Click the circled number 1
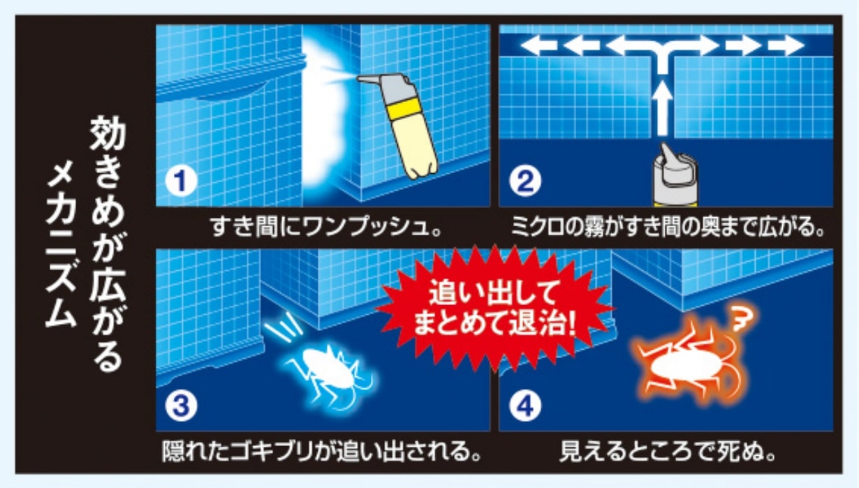(181, 181)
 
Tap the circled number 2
(525, 181)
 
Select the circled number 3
(181, 406)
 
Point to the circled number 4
(525, 406)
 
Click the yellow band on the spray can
(404, 108)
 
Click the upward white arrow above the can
(662, 108)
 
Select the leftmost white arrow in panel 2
(538, 45)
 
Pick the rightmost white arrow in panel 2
(786, 45)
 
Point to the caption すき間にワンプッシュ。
(326, 227)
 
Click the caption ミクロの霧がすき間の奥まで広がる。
(668, 227)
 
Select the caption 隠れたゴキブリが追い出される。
(321, 452)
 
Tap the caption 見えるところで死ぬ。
(668, 452)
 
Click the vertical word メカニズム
(61, 245)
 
